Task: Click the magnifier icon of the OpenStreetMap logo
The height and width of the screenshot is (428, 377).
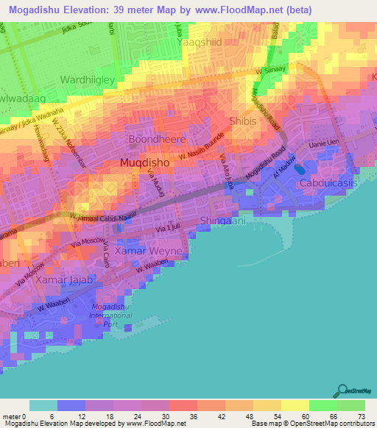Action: point(340,391)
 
